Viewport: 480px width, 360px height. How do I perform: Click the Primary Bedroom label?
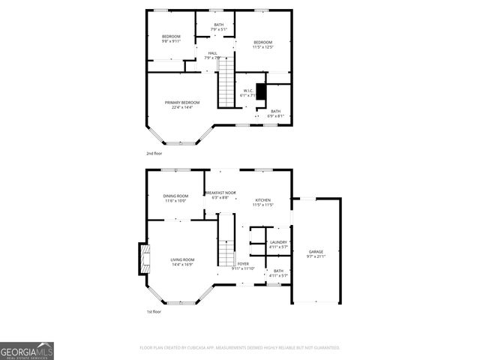click(179, 103)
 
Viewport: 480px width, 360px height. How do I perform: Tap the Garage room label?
click(316, 251)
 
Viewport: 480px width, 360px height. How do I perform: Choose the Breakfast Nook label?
click(220, 193)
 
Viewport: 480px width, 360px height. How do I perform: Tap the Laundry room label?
click(279, 242)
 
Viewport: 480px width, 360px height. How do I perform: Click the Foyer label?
click(243, 264)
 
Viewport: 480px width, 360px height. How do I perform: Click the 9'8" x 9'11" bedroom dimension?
click(172, 41)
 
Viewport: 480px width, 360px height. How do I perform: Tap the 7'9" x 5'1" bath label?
click(218, 29)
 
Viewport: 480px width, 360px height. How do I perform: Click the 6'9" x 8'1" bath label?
click(276, 114)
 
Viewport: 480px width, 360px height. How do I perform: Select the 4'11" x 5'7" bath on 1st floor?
click(278, 273)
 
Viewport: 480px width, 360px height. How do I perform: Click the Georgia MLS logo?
click(27, 350)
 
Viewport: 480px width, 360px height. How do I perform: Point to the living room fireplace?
click(142, 260)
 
